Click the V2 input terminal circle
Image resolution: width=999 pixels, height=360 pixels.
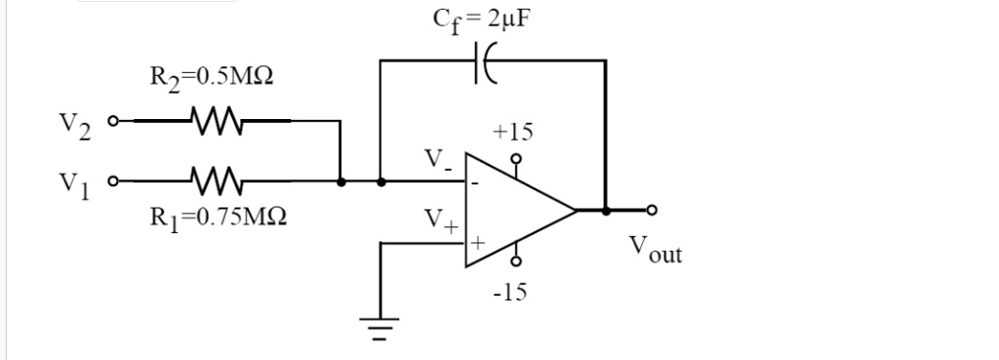pyautogui.click(x=113, y=122)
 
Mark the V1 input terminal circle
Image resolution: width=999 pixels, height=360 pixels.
pyautogui.click(x=113, y=181)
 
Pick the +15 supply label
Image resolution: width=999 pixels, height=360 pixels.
pyautogui.click(x=513, y=131)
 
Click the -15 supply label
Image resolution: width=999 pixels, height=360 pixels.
pyautogui.click(x=508, y=292)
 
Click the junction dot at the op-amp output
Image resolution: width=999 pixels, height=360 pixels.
pyautogui.click(x=606, y=210)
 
